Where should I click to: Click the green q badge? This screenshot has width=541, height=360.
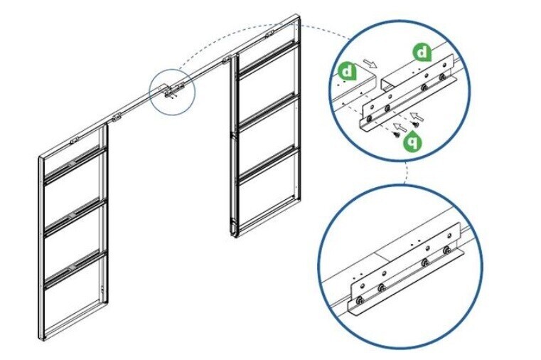(411, 142)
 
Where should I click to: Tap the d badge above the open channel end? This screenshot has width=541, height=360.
(422, 52)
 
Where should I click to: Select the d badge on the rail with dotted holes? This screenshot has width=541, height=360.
(348, 71)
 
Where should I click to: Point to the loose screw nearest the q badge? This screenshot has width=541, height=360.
(397, 131)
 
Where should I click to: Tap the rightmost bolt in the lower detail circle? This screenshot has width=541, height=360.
(447, 250)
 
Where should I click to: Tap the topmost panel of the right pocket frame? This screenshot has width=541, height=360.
(266, 71)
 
